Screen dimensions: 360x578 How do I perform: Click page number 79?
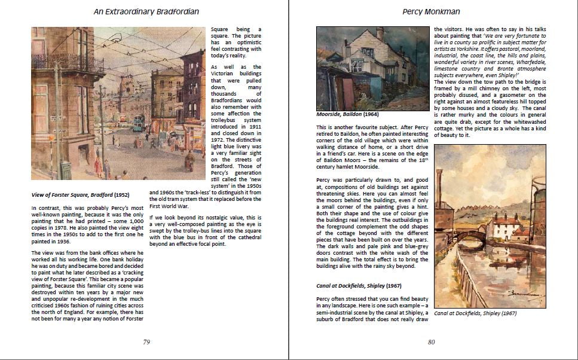(146, 342)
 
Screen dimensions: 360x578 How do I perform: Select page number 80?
(431, 342)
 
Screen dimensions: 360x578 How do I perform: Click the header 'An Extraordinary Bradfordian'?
(146, 11)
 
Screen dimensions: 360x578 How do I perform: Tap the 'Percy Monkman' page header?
(432, 11)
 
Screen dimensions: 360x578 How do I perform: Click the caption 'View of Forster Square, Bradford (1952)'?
(79, 194)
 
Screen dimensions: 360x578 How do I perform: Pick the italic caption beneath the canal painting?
(475, 313)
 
